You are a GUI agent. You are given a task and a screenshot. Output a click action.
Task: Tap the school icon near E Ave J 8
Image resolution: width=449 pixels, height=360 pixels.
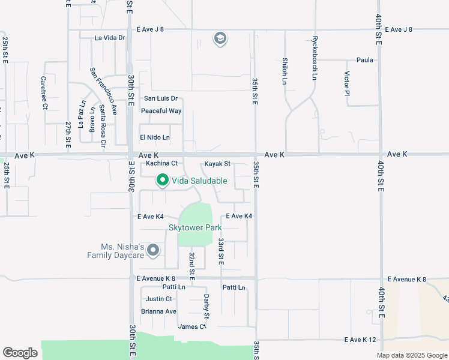(220, 39)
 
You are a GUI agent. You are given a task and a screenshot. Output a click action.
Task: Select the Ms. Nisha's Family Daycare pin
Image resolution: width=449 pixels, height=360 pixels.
(153, 250)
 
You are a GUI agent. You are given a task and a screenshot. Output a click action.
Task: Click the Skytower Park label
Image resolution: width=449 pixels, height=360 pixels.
(195, 227)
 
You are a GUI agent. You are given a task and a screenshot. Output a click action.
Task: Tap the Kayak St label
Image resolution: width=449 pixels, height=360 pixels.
(217, 164)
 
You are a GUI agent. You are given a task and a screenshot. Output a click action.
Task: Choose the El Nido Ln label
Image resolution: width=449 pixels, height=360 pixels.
(155, 137)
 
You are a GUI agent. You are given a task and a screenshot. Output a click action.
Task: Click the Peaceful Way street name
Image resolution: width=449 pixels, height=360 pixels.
(161, 111)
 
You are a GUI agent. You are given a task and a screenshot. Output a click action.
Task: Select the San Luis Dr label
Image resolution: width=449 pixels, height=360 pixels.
(161, 98)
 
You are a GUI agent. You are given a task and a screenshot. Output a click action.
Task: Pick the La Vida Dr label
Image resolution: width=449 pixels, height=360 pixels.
(110, 38)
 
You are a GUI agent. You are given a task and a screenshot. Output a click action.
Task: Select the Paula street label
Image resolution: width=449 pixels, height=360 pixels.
(365, 60)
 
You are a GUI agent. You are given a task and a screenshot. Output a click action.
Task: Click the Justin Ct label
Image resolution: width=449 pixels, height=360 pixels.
(159, 299)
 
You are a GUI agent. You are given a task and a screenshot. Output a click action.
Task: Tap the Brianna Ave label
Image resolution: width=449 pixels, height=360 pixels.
(158, 311)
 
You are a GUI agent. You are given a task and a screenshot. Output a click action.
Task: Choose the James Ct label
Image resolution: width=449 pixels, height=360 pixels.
(192, 326)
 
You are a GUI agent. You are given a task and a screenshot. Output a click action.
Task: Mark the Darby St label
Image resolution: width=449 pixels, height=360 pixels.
(206, 307)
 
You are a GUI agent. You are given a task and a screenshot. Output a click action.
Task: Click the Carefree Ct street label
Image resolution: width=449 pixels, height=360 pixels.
(44, 92)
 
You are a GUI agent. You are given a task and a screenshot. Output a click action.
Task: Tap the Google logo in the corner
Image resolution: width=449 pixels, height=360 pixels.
(20, 353)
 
